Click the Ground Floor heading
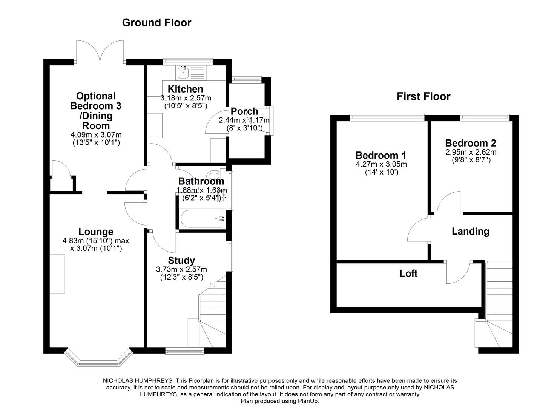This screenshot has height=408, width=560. pyautogui.click(x=156, y=23)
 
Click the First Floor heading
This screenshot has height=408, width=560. pyautogui.click(x=423, y=97)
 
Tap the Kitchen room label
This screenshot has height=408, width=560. pyautogui.click(x=185, y=89)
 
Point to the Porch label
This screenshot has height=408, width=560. pyautogui.click(x=244, y=111)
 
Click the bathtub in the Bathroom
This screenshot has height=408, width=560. pyautogui.click(x=202, y=219)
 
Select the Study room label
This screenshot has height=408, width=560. pyautogui.click(x=181, y=260)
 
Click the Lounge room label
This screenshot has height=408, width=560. pyautogui.click(x=96, y=232)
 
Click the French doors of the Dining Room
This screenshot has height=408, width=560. pyautogui.click(x=100, y=52)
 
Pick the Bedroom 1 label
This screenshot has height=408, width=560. pyautogui.click(x=381, y=155)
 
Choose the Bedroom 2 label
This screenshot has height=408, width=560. pyautogui.click(x=470, y=143)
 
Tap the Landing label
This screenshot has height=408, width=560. pyautogui.click(x=470, y=231)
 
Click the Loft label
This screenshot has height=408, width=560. pyautogui.click(x=408, y=273)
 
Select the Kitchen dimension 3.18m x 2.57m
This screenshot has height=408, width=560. pyautogui.click(x=185, y=98)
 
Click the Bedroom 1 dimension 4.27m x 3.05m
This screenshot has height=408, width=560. pyautogui.click(x=381, y=164)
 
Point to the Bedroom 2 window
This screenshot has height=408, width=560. pyautogui.click(x=485, y=117)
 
